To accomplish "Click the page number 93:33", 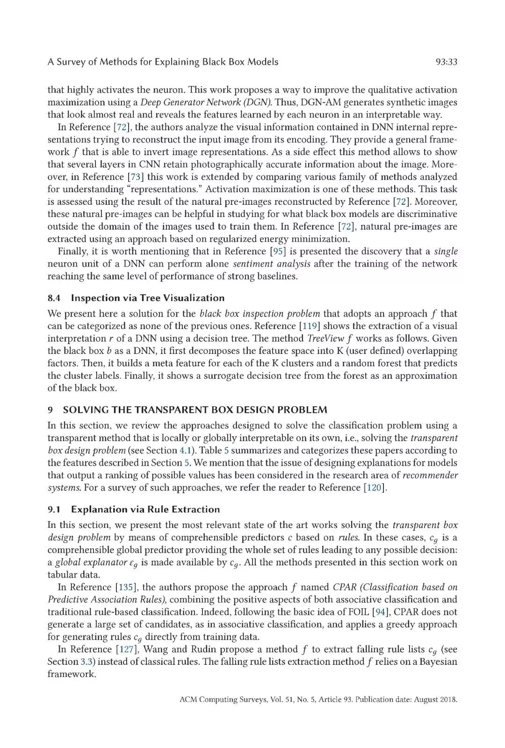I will (x=446, y=62).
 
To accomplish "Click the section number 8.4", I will (x=55, y=298).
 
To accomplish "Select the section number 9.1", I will (x=55, y=510).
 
